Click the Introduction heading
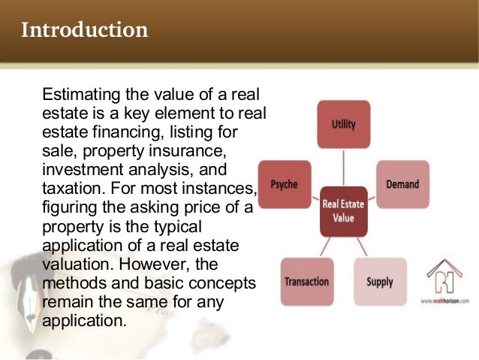[x=84, y=31]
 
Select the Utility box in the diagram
[x=343, y=124]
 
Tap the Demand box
[x=402, y=183]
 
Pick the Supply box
[x=379, y=282]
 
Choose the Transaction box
[x=306, y=282]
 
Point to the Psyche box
[x=285, y=183]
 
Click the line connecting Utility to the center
[x=343, y=167]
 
